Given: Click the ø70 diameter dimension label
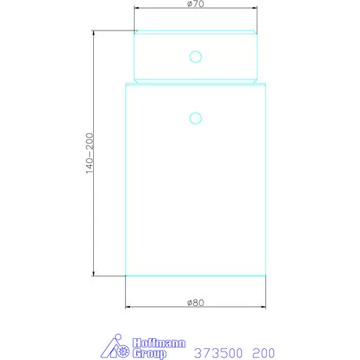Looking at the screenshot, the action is (x=196, y=4).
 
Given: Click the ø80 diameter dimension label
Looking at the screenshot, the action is (x=196, y=303).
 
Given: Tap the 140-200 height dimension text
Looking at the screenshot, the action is (x=89, y=153).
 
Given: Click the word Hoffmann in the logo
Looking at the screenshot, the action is (x=159, y=343).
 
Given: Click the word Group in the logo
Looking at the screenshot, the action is (x=149, y=354).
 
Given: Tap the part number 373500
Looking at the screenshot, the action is (x=218, y=353).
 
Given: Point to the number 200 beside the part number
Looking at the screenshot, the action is (x=264, y=353).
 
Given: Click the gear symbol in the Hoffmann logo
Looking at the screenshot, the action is (x=123, y=351).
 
